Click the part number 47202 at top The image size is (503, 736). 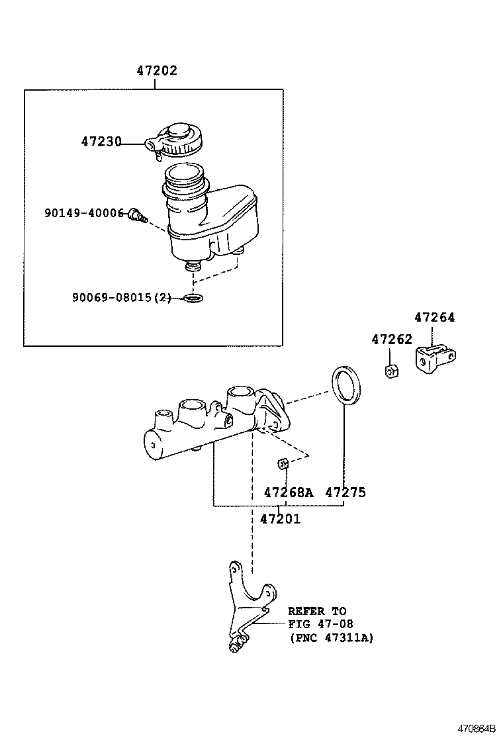pyautogui.click(x=157, y=71)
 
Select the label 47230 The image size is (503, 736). pyautogui.click(x=101, y=142)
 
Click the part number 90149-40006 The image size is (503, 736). pyautogui.click(x=84, y=212)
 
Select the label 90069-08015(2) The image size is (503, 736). pyautogui.click(x=121, y=298)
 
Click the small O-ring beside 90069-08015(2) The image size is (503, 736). pyautogui.click(x=194, y=299)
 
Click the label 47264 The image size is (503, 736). pyautogui.click(x=435, y=317)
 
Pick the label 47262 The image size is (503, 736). pyautogui.click(x=391, y=340)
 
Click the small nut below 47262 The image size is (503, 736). pyautogui.click(x=391, y=370)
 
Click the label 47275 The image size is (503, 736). pyautogui.click(x=345, y=492)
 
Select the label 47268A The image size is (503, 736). pyautogui.click(x=288, y=492)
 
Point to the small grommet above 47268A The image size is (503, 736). pyautogui.click(x=281, y=462)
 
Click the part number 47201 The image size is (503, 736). pyautogui.click(x=279, y=519)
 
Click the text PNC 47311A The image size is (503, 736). pyautogui.click(x=331, y=638)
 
